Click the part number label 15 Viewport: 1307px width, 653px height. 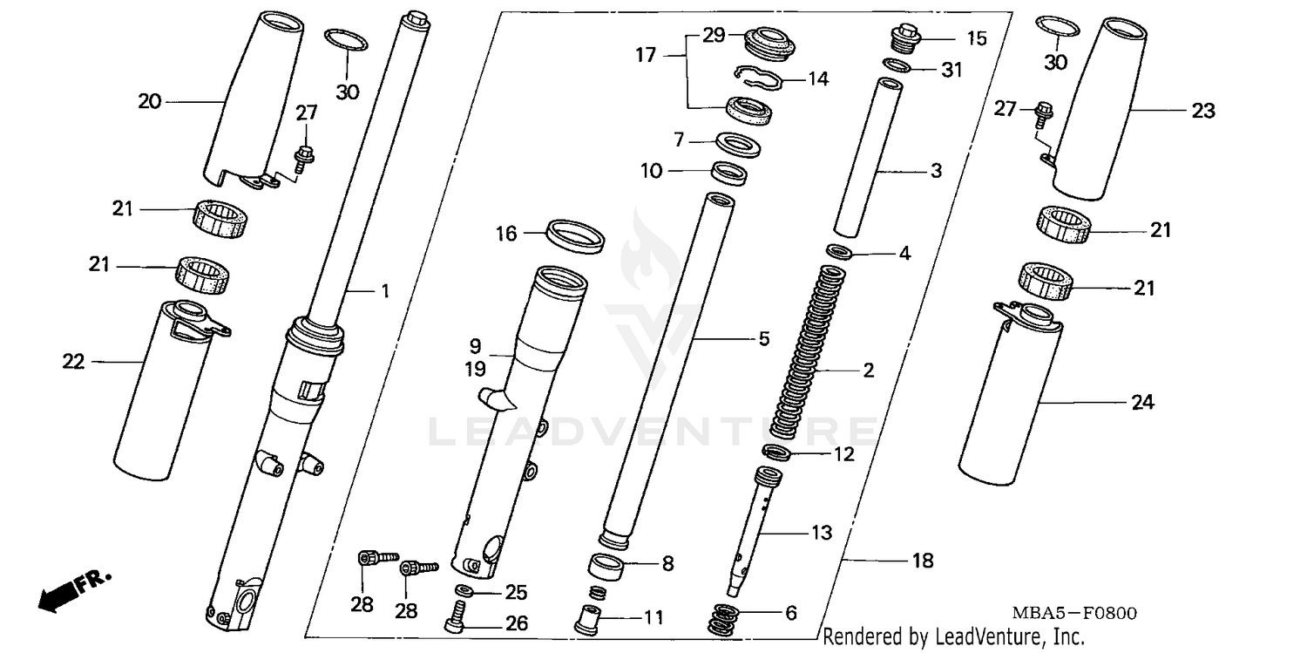tap(951, 38)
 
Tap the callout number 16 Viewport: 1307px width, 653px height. tap(506, 234)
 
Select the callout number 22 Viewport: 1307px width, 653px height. tap(73, 361)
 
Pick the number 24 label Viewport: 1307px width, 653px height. tap(1142, 403)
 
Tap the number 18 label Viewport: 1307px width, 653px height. tap(922, 561)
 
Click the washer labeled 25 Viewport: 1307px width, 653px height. tap(464, 593)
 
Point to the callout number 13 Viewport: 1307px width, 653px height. tap(821, 532)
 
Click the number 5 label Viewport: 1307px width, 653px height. tap(763, 339)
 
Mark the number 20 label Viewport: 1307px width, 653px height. tap(150, 102)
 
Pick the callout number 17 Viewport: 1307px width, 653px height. tap(646, 56)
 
